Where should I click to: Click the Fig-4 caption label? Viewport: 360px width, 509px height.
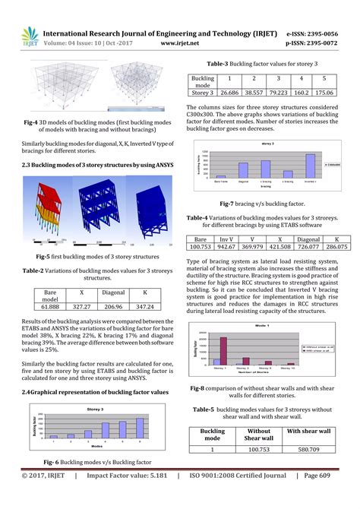[33, 121]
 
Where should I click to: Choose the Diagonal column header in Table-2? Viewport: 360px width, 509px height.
[112, 293]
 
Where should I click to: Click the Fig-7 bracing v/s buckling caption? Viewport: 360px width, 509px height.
[262, 204]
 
